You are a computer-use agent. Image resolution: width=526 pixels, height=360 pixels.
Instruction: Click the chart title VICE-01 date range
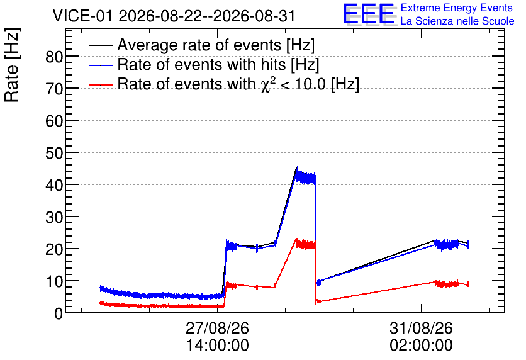point(174,16)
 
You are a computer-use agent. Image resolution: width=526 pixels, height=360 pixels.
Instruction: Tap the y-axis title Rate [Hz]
point(12,65)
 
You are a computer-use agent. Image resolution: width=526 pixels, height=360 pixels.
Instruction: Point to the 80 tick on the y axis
point(54,57)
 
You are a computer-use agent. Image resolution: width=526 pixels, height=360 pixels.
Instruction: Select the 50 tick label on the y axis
point(54,154)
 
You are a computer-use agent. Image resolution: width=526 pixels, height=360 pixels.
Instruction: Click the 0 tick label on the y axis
point(59,313)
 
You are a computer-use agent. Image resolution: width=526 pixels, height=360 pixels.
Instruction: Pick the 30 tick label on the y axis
point(54,218)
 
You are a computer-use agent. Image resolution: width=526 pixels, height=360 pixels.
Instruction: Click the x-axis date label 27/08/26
point(217,328)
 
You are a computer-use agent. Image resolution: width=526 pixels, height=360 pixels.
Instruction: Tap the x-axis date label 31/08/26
point(421,328)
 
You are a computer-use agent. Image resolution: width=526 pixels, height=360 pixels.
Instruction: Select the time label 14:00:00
point(217,345)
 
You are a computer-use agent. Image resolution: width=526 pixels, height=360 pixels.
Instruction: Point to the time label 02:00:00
point(421,345)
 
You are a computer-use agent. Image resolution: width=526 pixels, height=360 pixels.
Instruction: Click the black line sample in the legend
point(100,45)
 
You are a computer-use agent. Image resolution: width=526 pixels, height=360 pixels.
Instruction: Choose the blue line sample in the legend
point(100,65)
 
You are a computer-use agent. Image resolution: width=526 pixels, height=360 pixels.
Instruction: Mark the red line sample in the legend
point(100,84)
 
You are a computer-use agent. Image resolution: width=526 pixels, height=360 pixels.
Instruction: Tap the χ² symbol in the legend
point(268,84)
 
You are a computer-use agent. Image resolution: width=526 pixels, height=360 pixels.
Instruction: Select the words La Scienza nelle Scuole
point(457,21)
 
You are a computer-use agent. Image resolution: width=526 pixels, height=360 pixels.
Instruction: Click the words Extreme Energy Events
point(457,8)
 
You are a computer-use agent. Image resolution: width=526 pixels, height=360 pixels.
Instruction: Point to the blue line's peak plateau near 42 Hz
point(305,177)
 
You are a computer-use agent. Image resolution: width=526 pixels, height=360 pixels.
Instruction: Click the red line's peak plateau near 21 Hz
point(305,244)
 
